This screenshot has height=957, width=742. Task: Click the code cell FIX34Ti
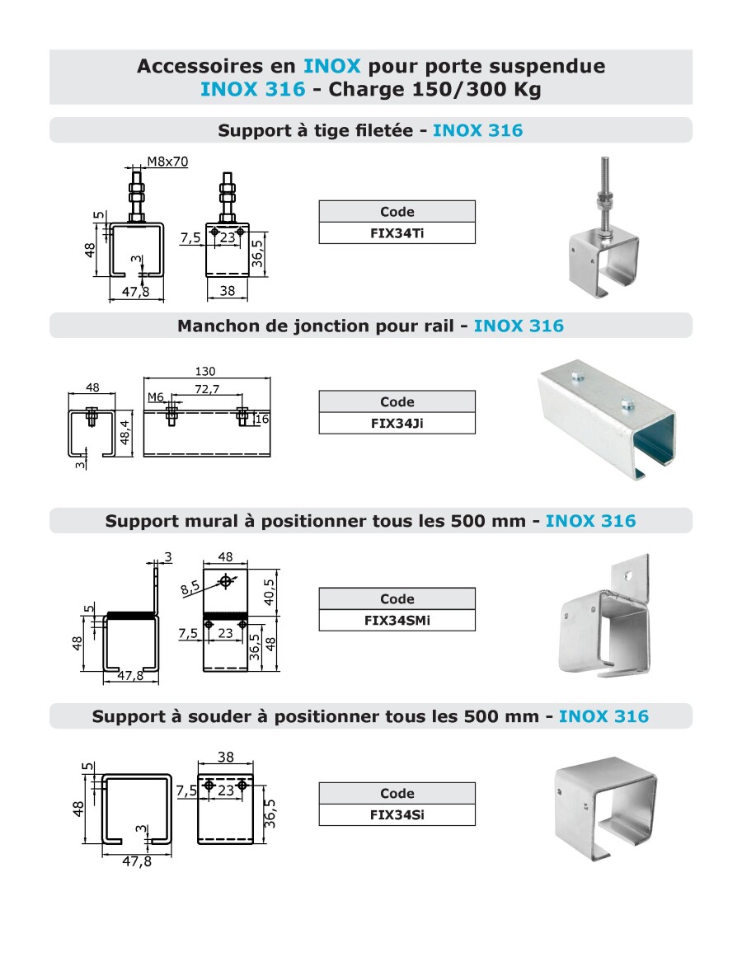(x=397, y=233)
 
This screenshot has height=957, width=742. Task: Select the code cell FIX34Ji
(x=397, y=424)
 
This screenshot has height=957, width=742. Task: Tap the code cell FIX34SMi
(x=397, y=621)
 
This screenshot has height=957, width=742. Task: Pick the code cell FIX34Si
(x=397, y=815)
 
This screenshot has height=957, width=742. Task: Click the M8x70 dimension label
(x=167, y=162)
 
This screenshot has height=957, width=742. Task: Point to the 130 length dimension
(x=207, y=371)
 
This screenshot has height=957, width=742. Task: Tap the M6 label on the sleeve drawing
(x=156, y=397)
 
